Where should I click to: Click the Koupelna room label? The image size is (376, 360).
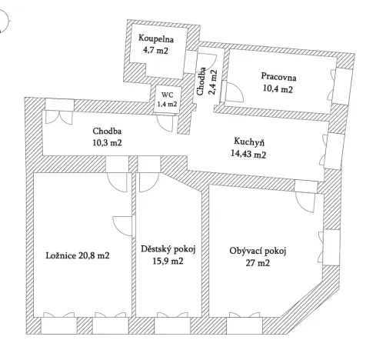point(155,39)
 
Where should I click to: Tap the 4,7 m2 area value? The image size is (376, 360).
point(155,51)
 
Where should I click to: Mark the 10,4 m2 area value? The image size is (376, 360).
point(278,89)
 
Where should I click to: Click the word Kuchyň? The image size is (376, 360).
point(249,142)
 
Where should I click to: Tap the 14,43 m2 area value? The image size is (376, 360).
point(249,154)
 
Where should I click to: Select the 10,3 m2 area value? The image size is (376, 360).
point(106,142)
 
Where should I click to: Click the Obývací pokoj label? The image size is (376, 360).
point(257,250)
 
